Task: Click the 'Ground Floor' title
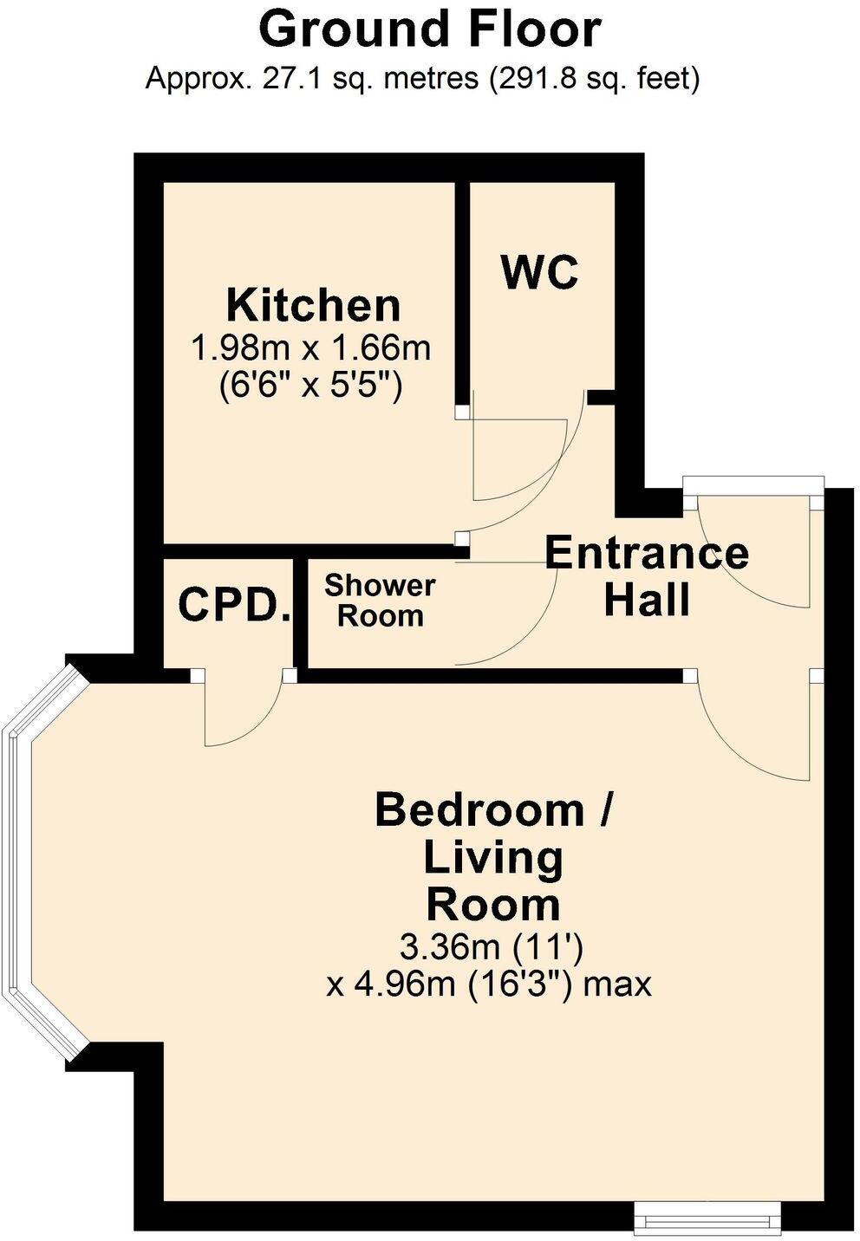click(430, 29)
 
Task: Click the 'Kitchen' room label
click(313, 306)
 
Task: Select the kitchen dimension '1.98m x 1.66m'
click(310, 348)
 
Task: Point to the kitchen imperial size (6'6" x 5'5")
click(310, 383)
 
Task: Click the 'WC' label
click(539, 273)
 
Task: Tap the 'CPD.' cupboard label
click(233, 606)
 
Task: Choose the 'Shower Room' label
click(379, 601)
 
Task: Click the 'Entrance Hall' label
click(647, 576)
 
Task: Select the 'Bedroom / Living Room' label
click(494, 857)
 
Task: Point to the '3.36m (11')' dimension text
click(491, 946)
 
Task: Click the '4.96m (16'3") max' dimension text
click(488, 984)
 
